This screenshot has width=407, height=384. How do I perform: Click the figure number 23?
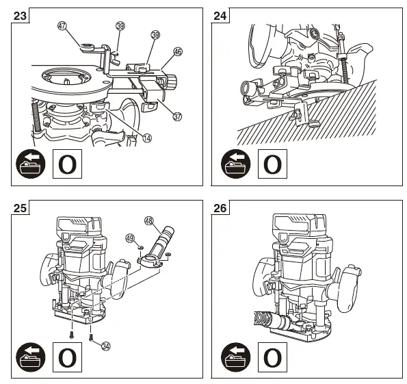20,16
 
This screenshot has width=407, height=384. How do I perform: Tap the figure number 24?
220,16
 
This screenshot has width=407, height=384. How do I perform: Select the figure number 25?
20,208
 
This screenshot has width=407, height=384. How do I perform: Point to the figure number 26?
220,208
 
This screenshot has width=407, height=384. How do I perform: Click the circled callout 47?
62,26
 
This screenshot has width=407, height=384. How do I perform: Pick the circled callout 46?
178,51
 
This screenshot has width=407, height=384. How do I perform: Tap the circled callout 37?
177,116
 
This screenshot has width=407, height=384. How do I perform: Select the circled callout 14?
147,138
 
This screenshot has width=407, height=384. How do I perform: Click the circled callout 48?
149,221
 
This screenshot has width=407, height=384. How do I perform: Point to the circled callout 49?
130,238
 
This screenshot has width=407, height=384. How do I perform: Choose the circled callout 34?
105,346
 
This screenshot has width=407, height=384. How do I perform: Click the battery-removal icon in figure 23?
31,164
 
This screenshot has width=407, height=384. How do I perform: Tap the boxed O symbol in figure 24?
272,164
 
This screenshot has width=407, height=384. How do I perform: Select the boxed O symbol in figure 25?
67,357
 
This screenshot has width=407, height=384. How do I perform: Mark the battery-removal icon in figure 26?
236,357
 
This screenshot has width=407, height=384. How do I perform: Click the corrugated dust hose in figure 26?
261,318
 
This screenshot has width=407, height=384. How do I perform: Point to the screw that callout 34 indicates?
91,337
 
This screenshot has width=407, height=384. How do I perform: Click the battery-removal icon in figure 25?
31,357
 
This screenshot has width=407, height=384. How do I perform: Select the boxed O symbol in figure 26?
272,357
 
